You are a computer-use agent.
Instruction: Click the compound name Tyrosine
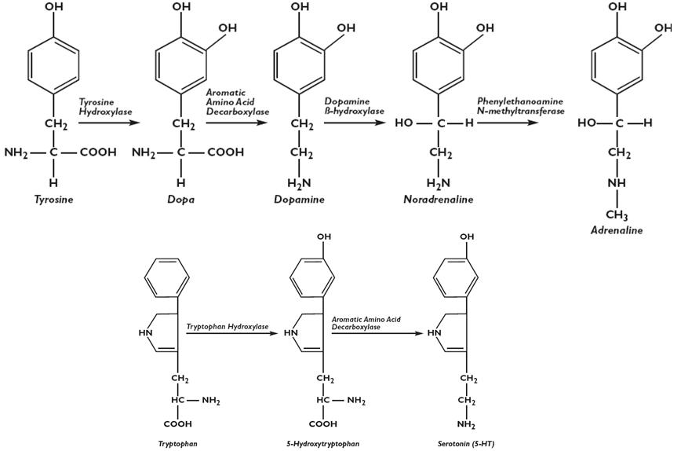(x=53, y=200)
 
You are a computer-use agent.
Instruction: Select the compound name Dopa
(x=180, y=200)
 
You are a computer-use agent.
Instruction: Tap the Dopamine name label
(x=299, y=200)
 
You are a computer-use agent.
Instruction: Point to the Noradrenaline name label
(x=439, y=200)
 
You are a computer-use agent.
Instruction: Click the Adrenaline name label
(x=617, y=230)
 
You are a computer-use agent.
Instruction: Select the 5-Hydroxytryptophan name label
(x=323, y=444)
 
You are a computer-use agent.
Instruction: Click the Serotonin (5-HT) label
(x=468, y=444)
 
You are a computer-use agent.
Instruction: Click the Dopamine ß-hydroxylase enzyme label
(x=354, y=107)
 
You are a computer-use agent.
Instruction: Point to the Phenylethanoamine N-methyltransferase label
(x=519, y=106)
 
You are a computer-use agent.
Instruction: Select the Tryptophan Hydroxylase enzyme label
(x=228, y=325)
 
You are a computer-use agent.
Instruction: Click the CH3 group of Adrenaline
(x=617, y=214)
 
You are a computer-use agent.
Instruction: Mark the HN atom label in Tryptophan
(x=145, y=332)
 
